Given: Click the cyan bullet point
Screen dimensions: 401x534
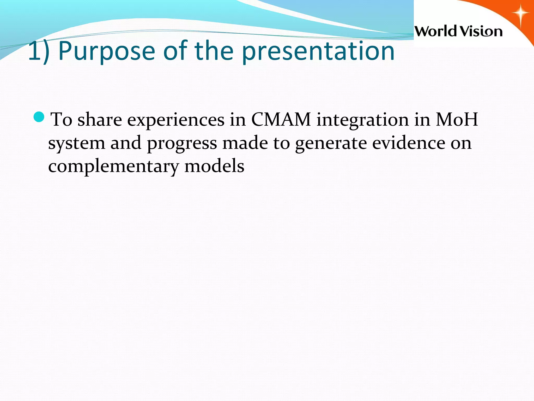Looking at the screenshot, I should coord(40,117).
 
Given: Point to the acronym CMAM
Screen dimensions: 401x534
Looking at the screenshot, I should coord(281,120).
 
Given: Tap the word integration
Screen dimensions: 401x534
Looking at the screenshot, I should coord(362,120).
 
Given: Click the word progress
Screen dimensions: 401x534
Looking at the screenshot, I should coord(182,144).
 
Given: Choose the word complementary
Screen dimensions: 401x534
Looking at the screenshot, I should coord(113,167).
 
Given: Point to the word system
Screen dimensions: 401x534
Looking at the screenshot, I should coord(76,144).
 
